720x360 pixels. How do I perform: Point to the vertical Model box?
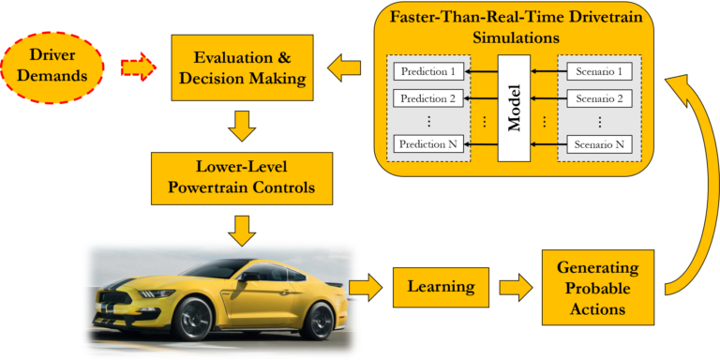coord(514,109)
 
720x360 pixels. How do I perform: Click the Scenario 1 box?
coord(599,71)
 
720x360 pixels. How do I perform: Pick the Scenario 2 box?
coord(599,97)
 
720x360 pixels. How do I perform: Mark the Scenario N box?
coord(599,143)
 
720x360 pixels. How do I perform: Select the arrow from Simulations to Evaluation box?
coord(345,67)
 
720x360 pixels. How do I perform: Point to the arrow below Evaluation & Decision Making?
coord(242,124)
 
